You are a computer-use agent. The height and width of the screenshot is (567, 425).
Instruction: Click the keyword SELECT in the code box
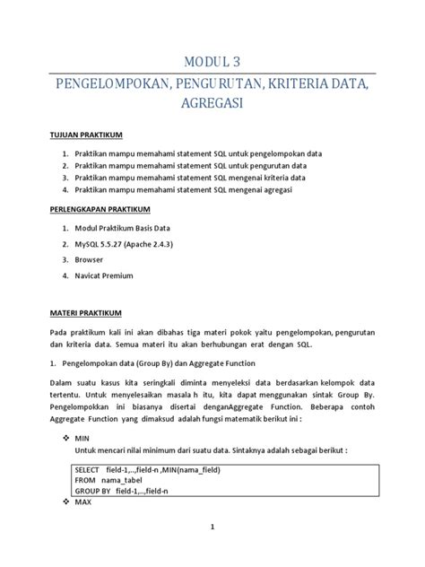(88, 469)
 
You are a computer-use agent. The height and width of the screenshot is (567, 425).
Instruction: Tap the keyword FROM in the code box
(85, 481)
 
